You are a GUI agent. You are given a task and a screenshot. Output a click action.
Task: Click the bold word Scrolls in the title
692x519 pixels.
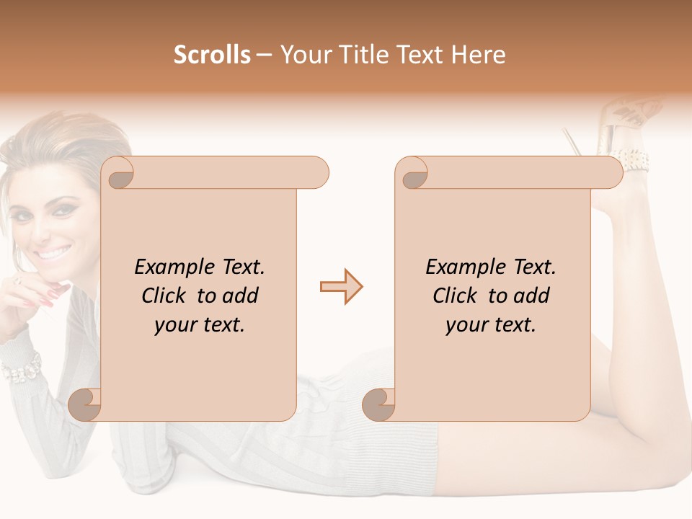tap(213, 55)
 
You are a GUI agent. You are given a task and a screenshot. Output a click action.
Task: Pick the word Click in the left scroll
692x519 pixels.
tap(165, 296)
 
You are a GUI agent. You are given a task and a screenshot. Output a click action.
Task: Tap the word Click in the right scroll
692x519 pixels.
tap(456, 296)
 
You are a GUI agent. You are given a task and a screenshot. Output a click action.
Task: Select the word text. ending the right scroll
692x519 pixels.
tap(513, 324)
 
